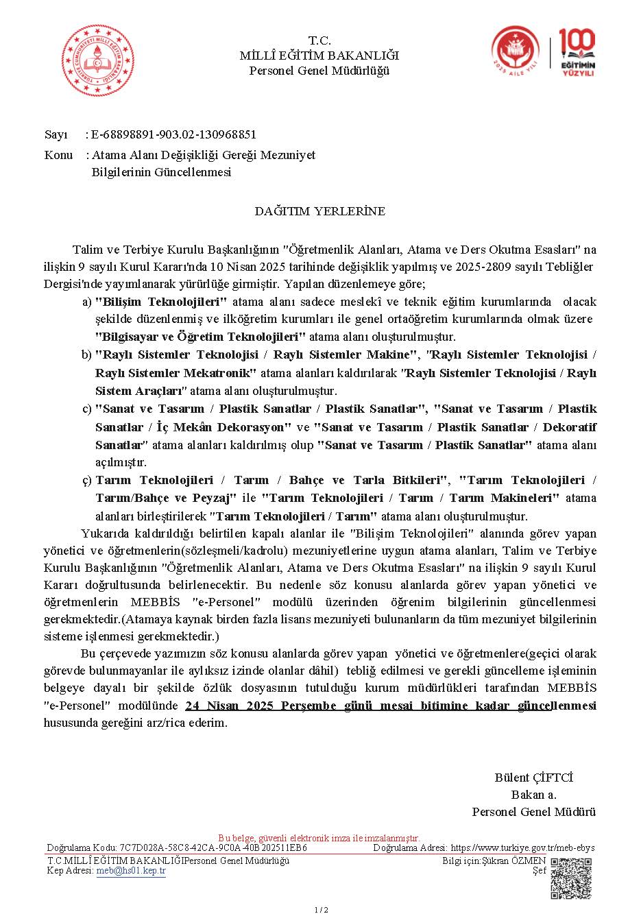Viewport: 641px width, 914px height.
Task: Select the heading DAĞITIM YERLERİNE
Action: (x=320, y=211)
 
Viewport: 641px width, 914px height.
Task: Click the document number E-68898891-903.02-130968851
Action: (x=174, y=134)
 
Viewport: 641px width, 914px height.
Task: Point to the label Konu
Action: (x=58, y=155)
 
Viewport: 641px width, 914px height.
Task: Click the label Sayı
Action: (x=56, y=134)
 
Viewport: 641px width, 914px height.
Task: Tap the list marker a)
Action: (x=86, y=302)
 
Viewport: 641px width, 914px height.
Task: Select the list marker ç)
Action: (x=86, y=480)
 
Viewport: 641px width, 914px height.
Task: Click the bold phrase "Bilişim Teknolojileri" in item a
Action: (x=161, y=302)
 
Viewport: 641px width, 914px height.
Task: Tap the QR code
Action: (x=570, y=878)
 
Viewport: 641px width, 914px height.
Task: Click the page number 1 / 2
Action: (x=321, y=909)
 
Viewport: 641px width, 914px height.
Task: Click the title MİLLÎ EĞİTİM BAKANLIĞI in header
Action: (x=319, y=56)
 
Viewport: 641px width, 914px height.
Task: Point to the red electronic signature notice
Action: (x=319, y=838)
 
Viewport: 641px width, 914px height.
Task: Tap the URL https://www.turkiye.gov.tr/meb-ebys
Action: (x=522, y=847)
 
